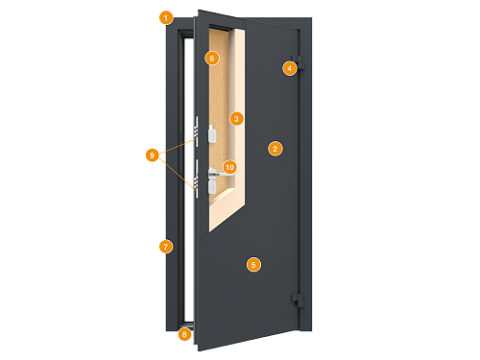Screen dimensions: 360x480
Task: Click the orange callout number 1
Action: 166,17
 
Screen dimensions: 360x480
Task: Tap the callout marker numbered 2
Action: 275,148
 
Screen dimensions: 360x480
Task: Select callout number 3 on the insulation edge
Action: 236,118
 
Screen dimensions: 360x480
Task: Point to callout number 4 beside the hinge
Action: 288,67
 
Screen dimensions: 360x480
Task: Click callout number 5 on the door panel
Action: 253,263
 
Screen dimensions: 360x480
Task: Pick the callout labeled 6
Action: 212,58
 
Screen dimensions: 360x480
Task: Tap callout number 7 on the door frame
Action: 165,247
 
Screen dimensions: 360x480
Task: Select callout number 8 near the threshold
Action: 184,334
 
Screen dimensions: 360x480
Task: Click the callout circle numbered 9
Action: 151,154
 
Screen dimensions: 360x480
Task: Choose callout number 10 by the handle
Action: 229,167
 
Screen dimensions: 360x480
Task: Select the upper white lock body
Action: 209,134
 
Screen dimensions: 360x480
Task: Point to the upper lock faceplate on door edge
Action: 197,134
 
